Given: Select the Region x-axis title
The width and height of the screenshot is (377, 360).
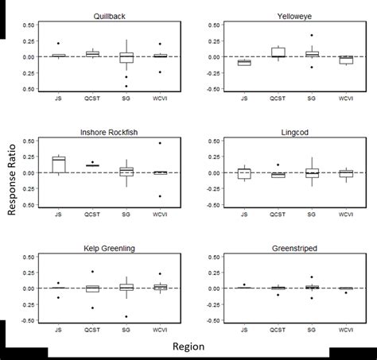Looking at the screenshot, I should pyautogui.click(x=189, y=346).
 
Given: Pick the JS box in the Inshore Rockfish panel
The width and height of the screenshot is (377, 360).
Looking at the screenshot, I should pyautogui.click(x=58, y=164).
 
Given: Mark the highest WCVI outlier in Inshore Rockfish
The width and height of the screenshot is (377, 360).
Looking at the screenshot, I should pyautogui.click(x=159, y=143).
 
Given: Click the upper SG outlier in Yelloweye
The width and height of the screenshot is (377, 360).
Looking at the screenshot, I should pyautogui.click(x=312, y=35).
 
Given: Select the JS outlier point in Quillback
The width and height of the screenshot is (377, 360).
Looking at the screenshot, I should pyautogui.click(x=58, y=43).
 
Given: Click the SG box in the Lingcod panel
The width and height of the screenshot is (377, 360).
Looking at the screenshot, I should pyautogui.click(x=312, y=172).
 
